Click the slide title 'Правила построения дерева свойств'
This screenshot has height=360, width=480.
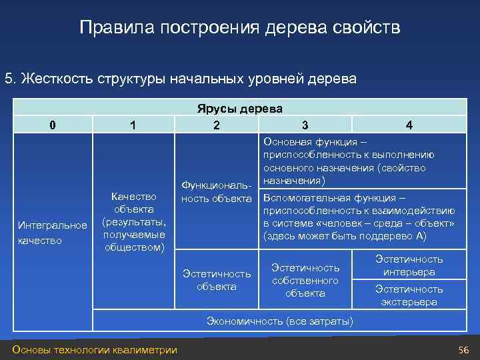240,28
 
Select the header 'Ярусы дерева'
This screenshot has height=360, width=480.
239,109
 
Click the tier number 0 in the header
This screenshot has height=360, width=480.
53,125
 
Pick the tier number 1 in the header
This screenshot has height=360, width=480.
133,125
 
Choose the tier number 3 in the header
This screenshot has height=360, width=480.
305,125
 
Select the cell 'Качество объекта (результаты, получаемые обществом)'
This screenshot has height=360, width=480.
133,222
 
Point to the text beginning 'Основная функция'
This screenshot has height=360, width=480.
349,161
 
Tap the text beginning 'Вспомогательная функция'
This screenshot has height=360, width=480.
359,217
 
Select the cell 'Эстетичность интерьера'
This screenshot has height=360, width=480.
409,265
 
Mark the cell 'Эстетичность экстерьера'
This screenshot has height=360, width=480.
409,295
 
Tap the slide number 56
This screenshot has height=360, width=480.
463,351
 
